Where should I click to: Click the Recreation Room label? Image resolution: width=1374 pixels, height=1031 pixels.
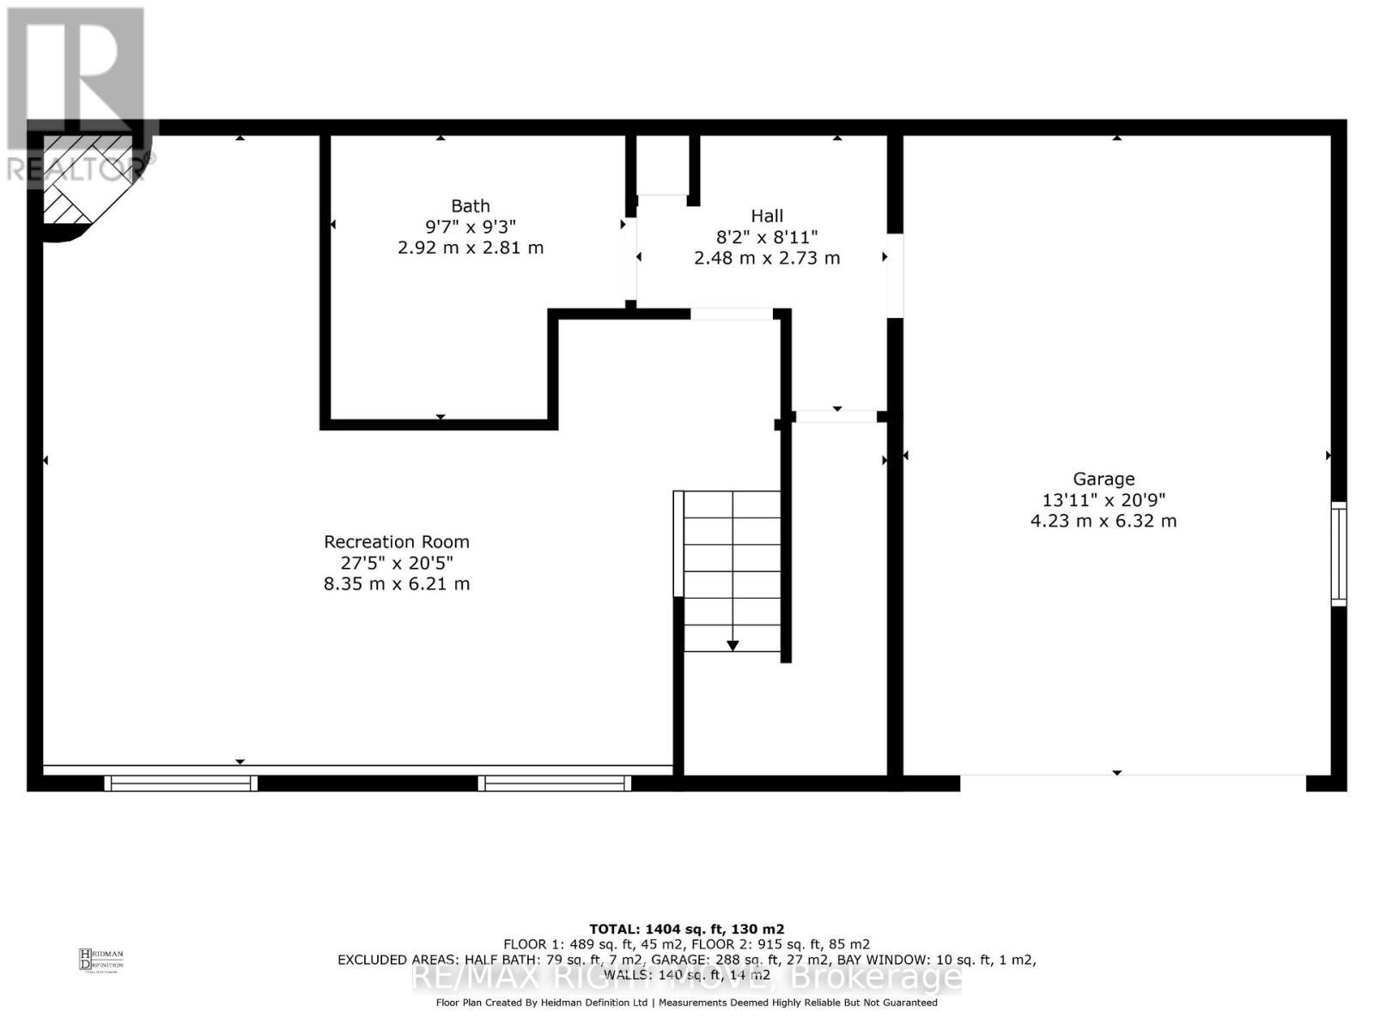396,542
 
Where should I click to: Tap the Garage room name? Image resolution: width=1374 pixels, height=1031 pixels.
1103,479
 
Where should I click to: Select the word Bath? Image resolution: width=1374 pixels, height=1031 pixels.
471,206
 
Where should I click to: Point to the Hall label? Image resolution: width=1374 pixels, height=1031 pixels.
767,216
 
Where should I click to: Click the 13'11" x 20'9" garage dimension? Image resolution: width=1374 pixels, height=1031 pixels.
1103,500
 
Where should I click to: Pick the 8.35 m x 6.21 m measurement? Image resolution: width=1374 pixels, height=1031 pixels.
396,584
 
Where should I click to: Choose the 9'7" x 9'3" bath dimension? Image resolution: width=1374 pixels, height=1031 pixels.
471,227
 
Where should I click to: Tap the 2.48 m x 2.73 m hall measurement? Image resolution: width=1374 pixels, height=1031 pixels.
767,258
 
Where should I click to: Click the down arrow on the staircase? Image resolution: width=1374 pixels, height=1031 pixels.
733,644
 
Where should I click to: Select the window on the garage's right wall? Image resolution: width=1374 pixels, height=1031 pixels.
1338,554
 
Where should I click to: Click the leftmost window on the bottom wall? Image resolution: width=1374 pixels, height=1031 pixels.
181,783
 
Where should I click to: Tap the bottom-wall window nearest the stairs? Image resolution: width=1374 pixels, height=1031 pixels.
555,783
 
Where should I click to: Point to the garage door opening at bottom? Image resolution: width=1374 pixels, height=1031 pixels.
1133,782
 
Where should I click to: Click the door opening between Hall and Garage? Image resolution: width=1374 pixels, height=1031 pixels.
894,275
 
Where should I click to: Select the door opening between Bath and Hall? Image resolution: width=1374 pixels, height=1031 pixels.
630,258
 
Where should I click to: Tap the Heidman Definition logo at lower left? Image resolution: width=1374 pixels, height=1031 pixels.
100,959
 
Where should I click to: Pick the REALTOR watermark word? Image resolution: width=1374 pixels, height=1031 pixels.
73,169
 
